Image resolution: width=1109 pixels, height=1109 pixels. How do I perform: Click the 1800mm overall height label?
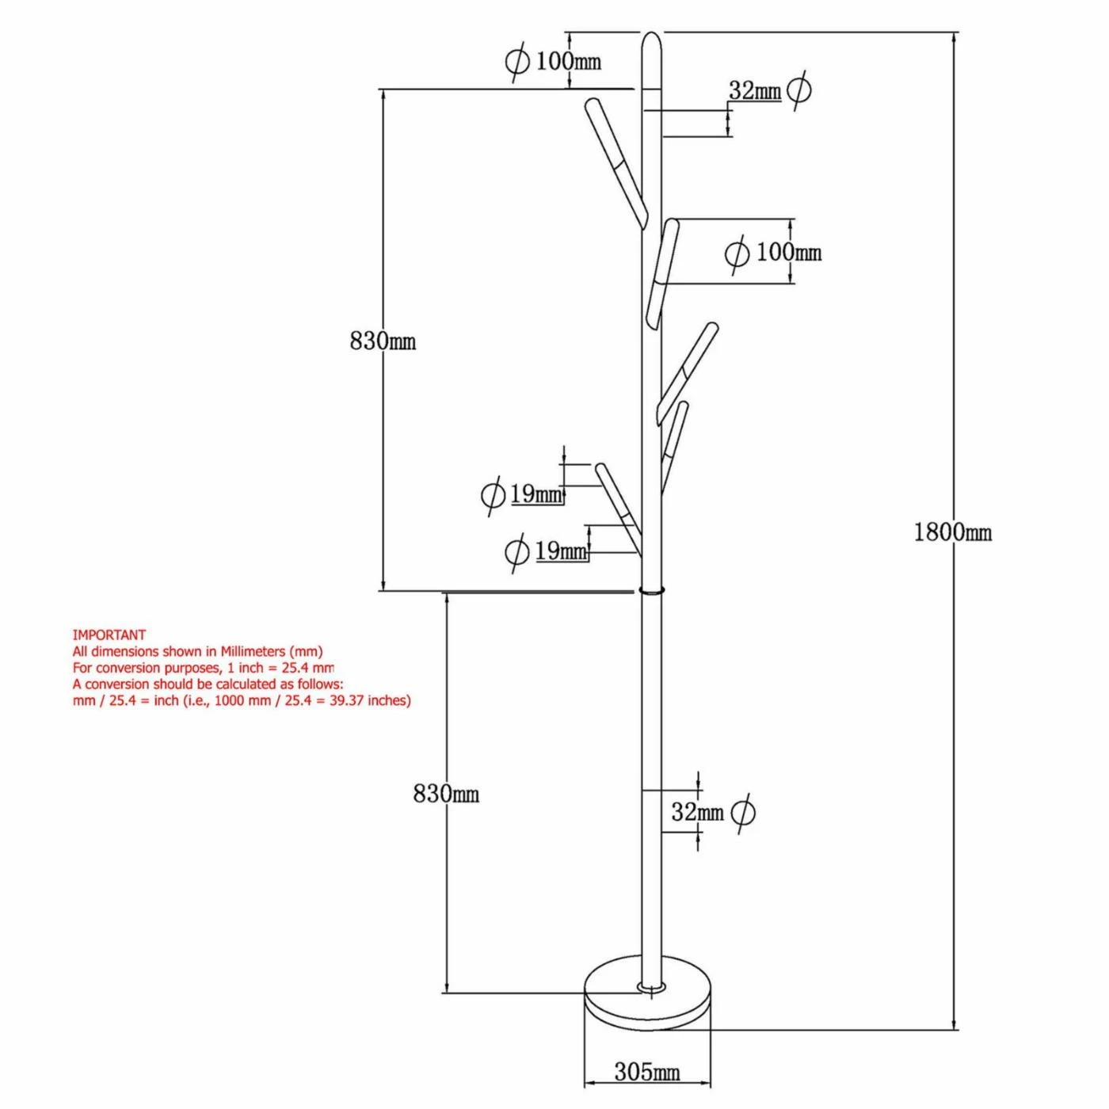click(952, 532)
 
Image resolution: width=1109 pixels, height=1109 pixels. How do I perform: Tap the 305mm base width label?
click(646, 1072)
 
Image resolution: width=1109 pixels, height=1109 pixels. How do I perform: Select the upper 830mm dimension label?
click(383, 341)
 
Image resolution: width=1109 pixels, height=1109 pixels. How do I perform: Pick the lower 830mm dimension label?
click(446, 793)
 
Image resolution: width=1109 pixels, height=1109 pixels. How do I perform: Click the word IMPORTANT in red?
click(109, 635)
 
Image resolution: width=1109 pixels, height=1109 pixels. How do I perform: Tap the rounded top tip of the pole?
click(650, 40)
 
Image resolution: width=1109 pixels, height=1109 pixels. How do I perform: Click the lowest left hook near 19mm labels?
click(618, 507)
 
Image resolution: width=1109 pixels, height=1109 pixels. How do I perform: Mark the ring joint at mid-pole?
click(651, 590)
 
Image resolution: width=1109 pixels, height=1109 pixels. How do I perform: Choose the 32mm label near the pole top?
click(754, 91)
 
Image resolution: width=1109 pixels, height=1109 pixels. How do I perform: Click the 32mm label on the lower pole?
click(697, 812)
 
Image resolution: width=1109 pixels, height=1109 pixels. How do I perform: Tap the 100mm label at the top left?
click(568, 61)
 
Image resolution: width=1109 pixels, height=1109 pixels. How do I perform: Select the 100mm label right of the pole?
click(788, 252)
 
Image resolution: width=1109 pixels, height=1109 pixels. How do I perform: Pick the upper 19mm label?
click(535, 494)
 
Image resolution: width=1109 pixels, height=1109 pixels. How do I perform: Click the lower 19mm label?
click(561, 551)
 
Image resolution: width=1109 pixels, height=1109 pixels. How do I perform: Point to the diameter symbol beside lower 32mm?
click(743, 812)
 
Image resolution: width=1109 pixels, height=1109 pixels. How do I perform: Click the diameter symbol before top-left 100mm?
click(516, 61)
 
